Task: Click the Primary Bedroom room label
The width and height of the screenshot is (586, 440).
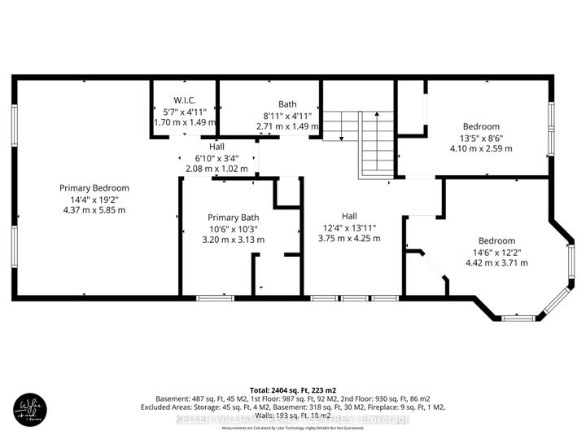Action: click(x=94, y=188)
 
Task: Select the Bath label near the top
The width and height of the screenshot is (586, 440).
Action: click(x=287, y=103)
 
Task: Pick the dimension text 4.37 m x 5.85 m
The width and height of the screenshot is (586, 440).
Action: click(x=94, y=209)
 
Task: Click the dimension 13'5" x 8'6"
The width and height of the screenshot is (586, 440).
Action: click(x=481, y=138)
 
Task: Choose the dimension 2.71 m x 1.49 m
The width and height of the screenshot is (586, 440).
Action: click(x=287, y=127)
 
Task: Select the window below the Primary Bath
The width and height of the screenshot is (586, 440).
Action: click(x=214, y=298)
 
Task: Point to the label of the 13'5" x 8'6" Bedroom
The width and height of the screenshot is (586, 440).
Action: click(x=481, y=126)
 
